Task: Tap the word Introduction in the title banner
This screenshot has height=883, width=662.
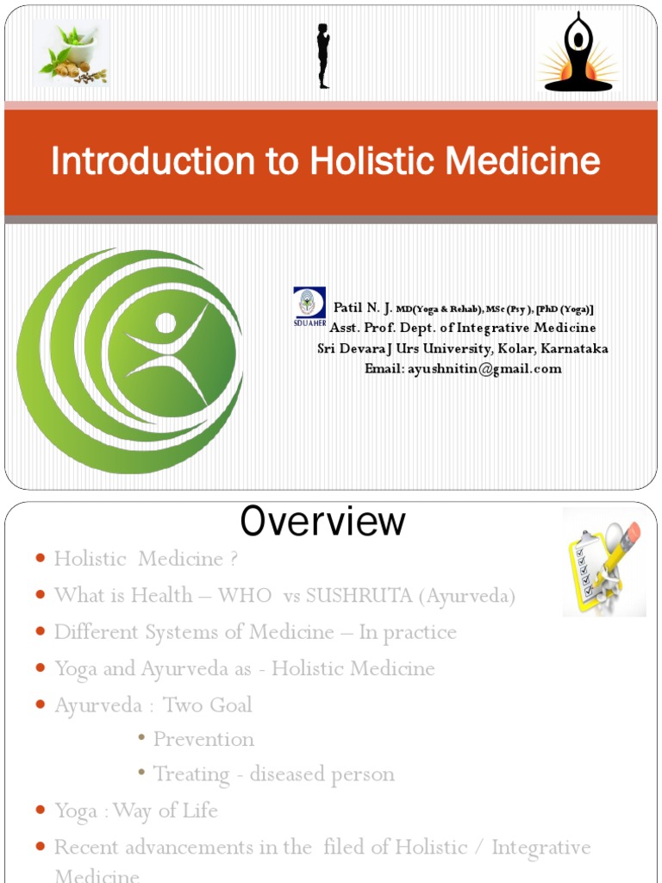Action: coord(143,161)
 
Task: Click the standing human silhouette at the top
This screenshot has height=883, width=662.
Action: coord(323,56)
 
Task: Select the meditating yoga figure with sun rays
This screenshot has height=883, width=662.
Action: coord(578,53)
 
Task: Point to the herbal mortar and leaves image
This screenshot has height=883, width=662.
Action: coord(72,53)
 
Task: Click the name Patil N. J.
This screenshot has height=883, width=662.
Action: coord(363,308)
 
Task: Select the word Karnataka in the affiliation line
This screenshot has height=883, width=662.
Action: coord(574,348)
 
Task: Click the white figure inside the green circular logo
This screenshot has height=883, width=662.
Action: coord(167,349)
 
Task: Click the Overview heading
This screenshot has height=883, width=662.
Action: coord(322,521)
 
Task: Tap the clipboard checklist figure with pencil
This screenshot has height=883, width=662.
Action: coord(604,561)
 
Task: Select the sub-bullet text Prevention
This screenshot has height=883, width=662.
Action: coord(203,739)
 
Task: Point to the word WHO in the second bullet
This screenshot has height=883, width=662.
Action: coord(238,596)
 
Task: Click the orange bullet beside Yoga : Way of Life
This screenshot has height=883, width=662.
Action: coord(41,811)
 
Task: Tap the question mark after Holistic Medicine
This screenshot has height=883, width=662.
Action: coord(233,559)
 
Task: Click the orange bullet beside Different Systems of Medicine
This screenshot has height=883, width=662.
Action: coord(41,633)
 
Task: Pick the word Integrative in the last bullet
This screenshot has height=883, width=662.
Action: coord(541,847)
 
